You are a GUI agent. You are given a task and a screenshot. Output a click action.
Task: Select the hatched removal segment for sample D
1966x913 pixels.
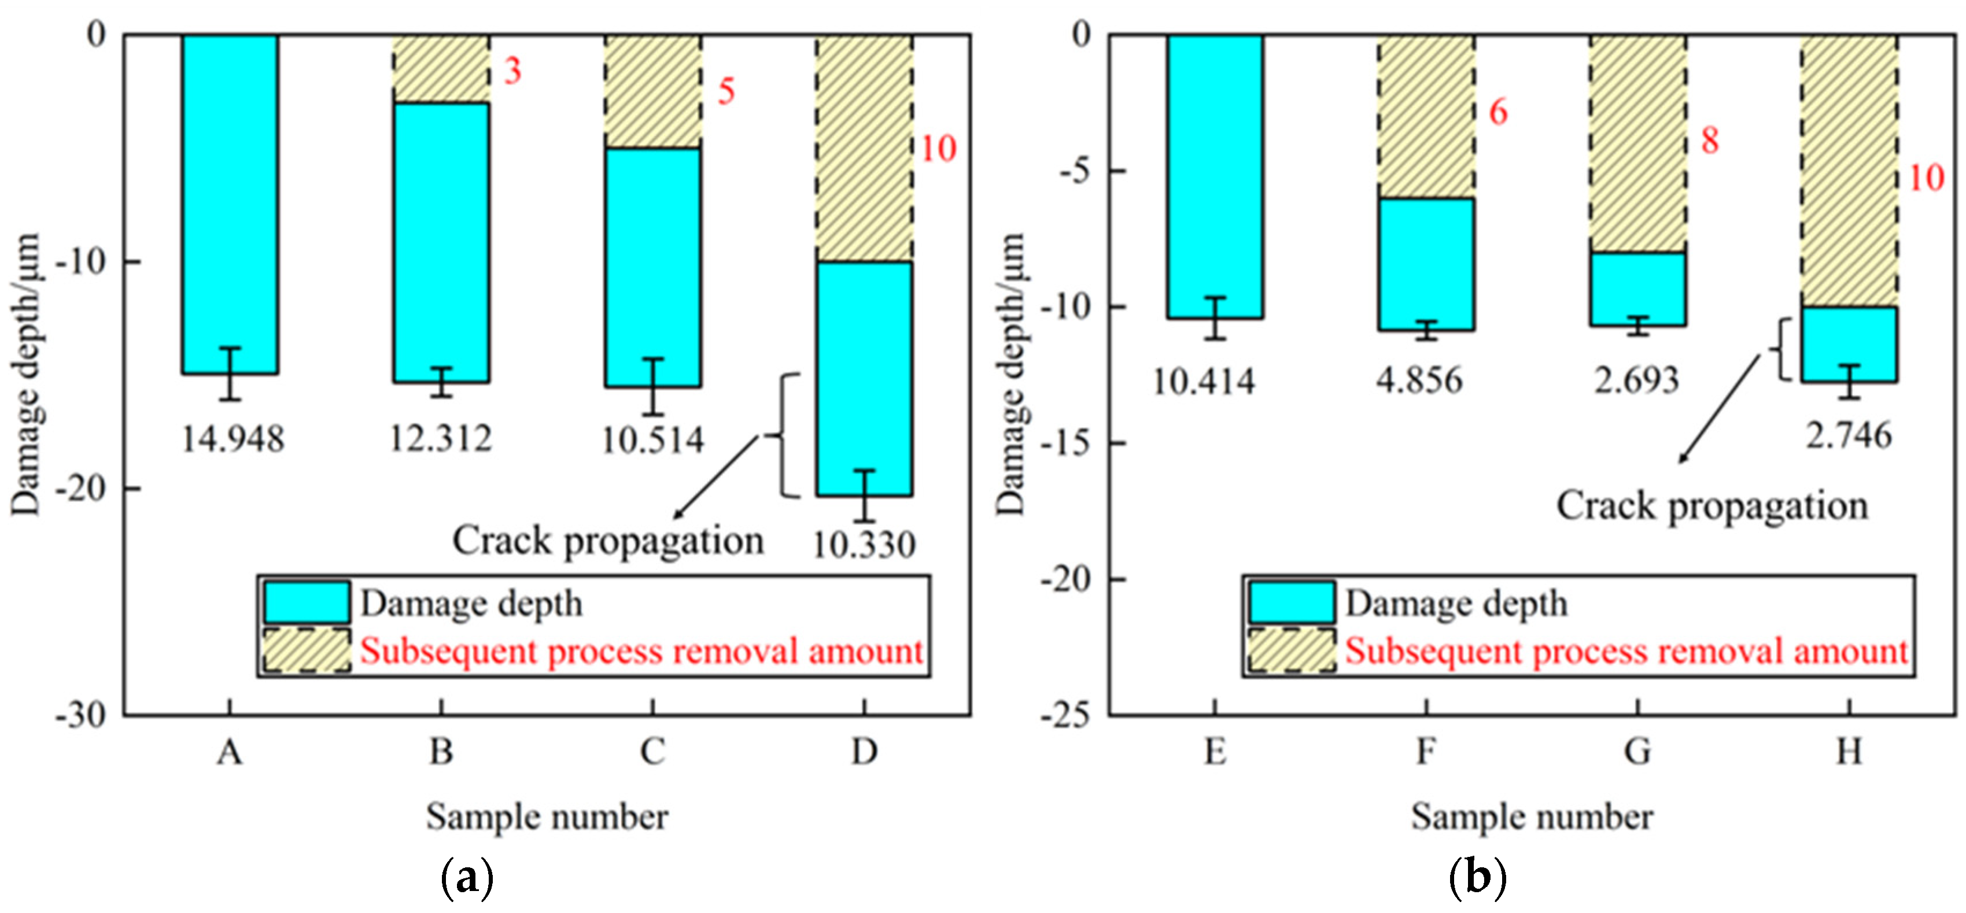(x=864, y=148)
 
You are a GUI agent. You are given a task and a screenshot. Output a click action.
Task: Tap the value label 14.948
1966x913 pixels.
(x=233, y=439)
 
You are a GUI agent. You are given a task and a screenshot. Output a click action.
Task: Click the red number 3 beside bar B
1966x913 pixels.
(x=512, y=71)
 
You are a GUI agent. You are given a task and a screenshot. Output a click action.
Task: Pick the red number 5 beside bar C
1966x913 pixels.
(x=726, y=91)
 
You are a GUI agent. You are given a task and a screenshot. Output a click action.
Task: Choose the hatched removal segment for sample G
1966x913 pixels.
(x=1638, y=143)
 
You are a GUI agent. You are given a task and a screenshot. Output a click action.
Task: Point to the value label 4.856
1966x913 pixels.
(x=1419, y=380)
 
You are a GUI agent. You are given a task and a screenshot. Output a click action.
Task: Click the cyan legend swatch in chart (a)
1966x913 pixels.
(x=307, y=602)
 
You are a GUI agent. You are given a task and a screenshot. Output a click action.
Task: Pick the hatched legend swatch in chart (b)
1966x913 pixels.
(x=1292, y=650)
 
